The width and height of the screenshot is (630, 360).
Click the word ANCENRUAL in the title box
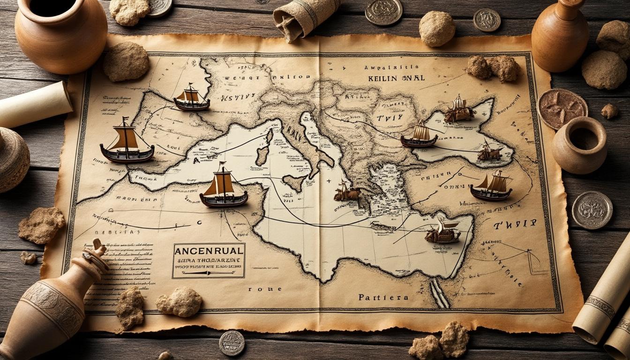point(209,251)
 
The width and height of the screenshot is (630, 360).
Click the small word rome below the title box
point(259,289)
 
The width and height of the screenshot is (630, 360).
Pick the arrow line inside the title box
point(209,272)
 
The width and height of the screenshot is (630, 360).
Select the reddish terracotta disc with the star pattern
point(562,109)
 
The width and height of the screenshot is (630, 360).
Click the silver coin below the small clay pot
point(592,210)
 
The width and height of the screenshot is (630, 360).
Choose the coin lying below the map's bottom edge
point(232,343)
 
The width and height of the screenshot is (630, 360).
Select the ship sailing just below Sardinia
point(224,188)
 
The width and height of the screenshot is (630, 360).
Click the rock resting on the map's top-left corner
point(126,61)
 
